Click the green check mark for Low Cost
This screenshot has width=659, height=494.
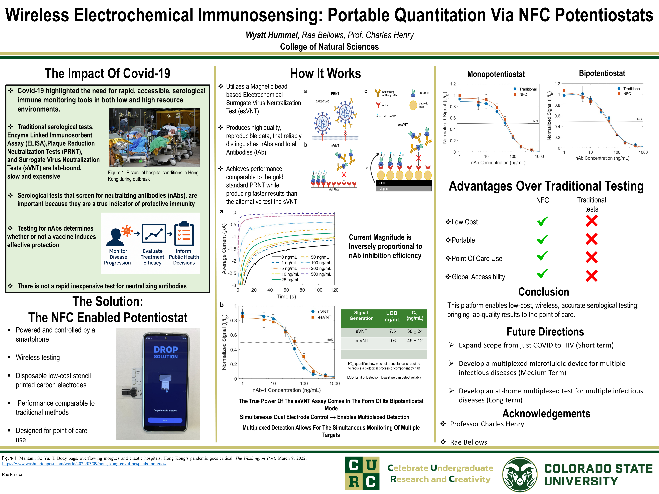click(x=542, y=221)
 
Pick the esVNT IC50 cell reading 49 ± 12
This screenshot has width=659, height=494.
click(x=415, y=341)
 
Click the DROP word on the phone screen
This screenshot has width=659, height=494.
click(x=166, y=350)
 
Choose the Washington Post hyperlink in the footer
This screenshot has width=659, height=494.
click(x=84, y=464)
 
